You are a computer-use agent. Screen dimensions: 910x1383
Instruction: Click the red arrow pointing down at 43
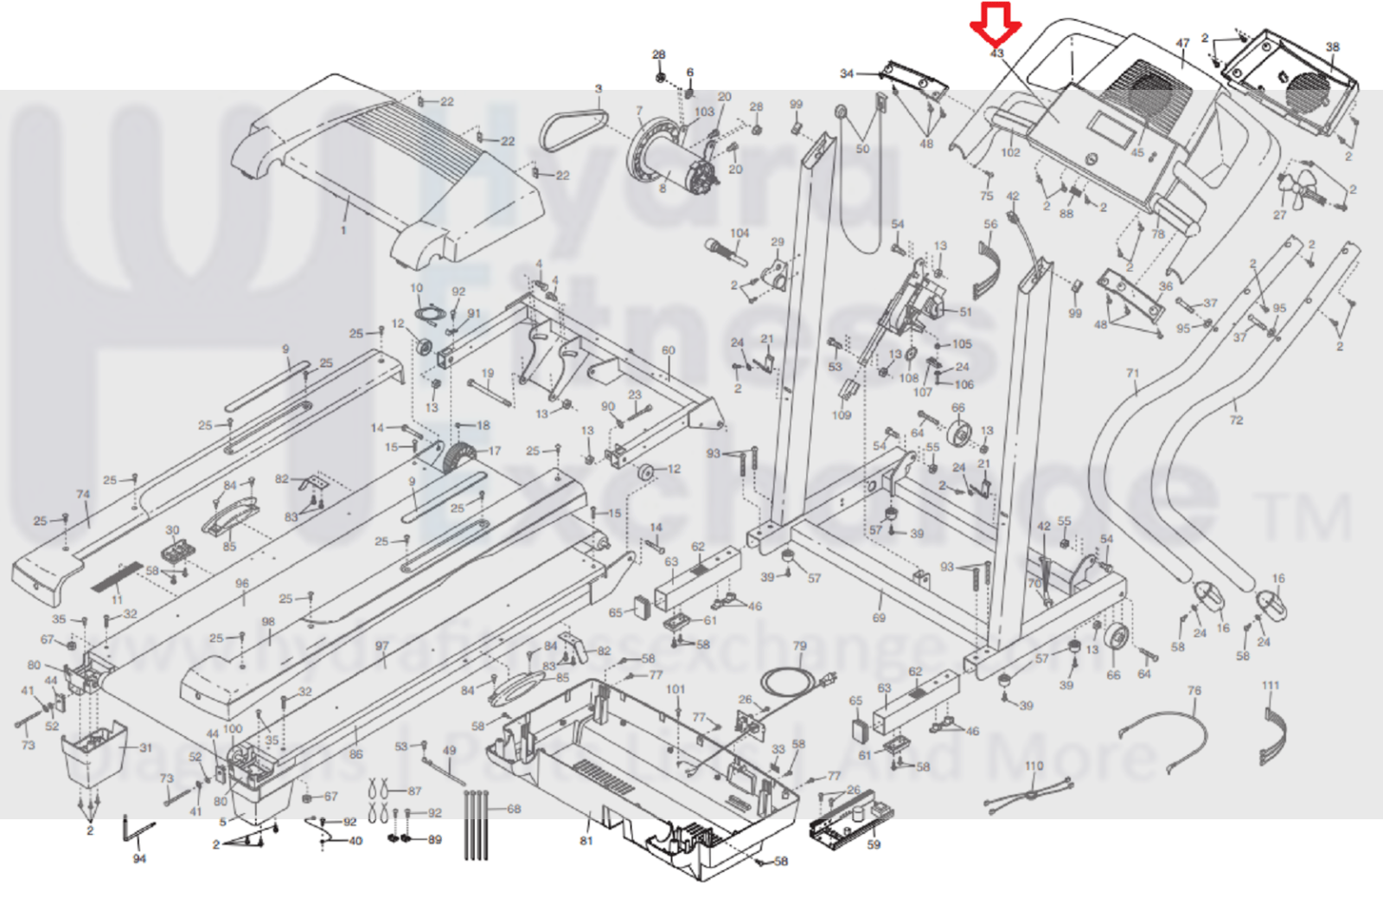[x=996, y=23]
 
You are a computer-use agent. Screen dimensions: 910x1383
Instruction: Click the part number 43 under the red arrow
[x=996, y=54]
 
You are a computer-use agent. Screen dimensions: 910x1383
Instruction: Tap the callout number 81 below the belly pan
[x=586, y=841]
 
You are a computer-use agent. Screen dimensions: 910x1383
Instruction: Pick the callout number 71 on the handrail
[x=1133, y=374]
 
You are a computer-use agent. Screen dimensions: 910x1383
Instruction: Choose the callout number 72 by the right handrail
[x=1236, y=420]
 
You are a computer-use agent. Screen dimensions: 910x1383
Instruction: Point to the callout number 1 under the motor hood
[x=343, y=230]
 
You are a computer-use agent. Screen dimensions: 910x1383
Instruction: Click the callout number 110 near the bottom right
[x=1034, y=766]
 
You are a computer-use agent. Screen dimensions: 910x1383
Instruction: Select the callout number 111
[x=1270, y=685]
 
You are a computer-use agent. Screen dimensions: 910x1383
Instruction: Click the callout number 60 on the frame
[x=668, y=350]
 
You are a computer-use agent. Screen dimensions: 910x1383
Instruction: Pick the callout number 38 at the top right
[x=1332, y=48]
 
